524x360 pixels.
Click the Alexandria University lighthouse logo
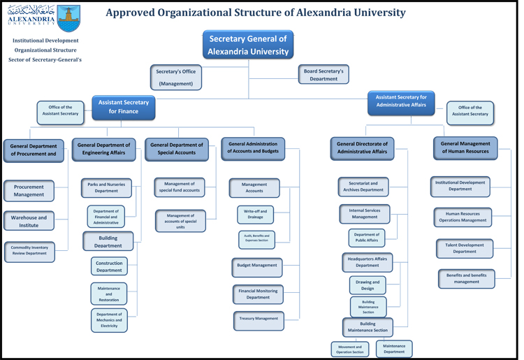coord(68,18)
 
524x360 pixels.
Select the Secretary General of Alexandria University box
coord(248,45)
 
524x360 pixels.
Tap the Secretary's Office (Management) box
coord(176,77)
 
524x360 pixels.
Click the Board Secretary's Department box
coord(323,74)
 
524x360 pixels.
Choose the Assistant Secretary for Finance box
coord(124,107)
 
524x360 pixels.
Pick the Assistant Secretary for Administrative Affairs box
coord(401,101)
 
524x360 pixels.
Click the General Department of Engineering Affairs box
coord(103,149)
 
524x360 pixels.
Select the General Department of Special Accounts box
coord(176,149)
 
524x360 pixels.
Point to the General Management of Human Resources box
coord(465,147)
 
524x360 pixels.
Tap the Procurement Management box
coord(29,191)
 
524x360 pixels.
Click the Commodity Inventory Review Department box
coord(29,250)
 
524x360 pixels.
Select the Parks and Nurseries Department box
coord(106,187)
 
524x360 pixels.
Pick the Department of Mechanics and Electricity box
coord(109,320)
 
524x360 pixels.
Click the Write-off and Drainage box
coord(255,214)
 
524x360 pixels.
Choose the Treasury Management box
coord(259,319)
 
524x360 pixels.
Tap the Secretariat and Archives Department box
coord(363,186)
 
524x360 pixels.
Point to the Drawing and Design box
coord(367,285)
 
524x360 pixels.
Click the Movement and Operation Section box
coord(350,349)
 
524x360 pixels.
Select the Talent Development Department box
coord(465,248)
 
